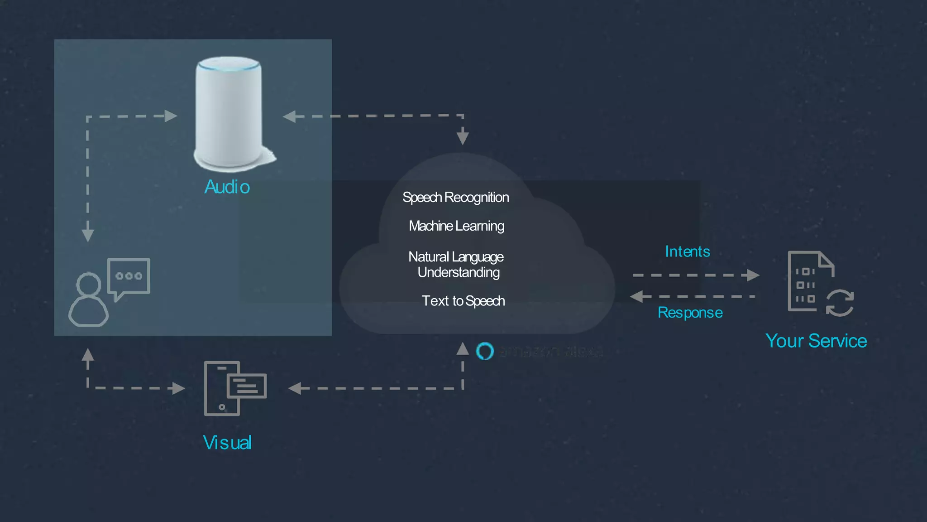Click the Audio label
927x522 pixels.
tap(227, 187)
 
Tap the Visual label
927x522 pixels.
tap(227, 443)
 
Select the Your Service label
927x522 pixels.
tap(816, 341)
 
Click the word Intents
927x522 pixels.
tap(687, 251)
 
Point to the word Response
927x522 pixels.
tap(690, 313)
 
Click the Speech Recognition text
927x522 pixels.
tap(455, 198)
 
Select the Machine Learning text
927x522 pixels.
tap(456, 226)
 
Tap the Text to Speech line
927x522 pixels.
tap(463, 301)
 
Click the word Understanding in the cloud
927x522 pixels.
tap(459, 272)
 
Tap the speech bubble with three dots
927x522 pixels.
tap(129, 276)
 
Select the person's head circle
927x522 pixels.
tap(88, 285)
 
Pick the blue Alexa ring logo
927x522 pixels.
tap(485, 351)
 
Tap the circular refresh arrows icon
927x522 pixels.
tap(840, 303)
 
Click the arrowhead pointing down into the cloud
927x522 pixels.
tap(463, 136)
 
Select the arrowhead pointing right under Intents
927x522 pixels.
tap(753, 275)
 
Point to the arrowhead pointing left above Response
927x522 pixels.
tap(637, 297)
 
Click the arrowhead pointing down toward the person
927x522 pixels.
tap(88, 235)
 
